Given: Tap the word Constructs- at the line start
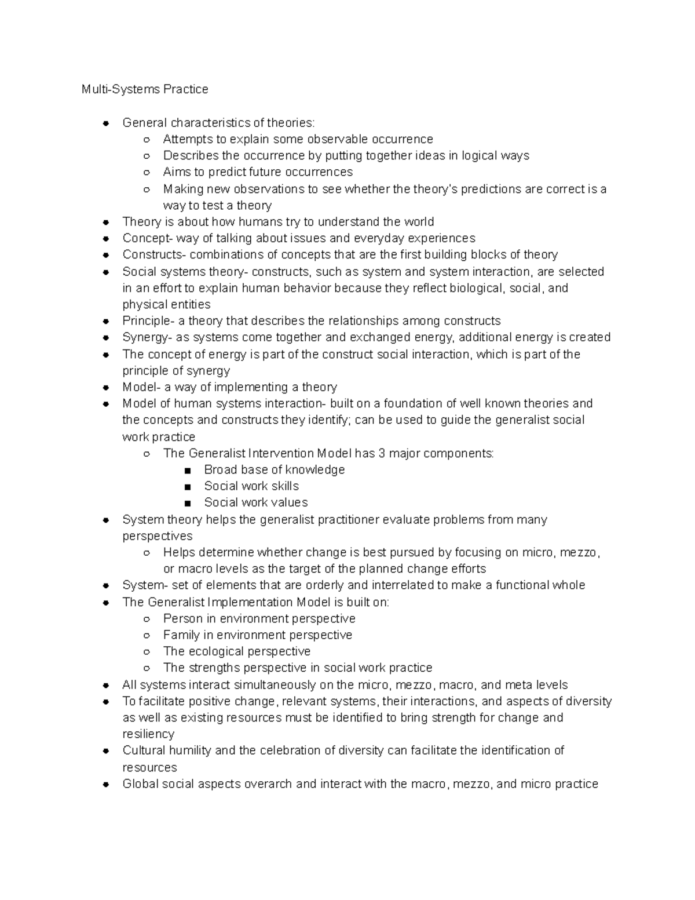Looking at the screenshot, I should coord(154,254).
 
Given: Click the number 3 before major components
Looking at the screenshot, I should coord(382,453).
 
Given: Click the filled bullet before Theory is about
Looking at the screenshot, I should coord(105,222).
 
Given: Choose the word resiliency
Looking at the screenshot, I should coord(148,734).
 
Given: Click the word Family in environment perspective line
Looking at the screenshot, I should coord(181,635).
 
